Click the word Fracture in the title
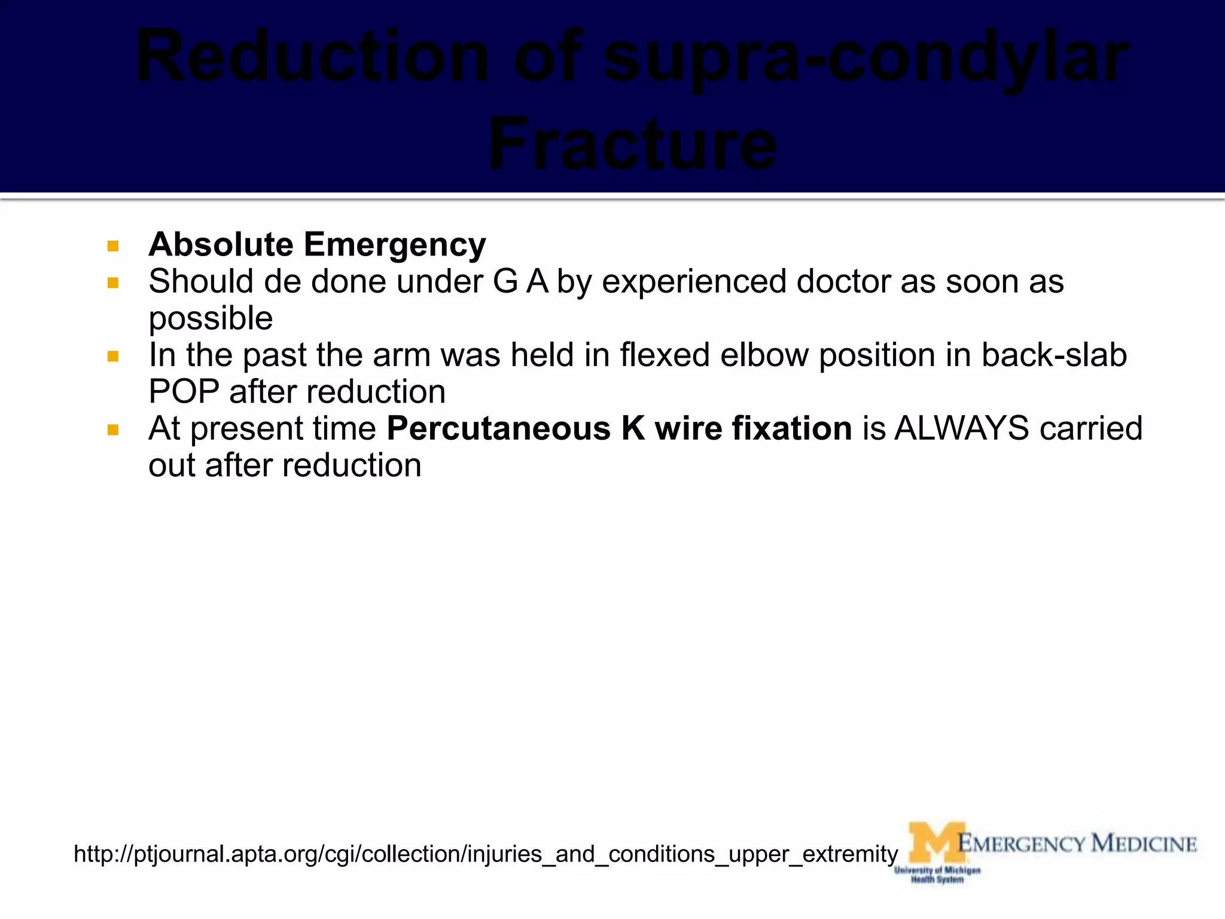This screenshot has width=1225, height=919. (632, 144)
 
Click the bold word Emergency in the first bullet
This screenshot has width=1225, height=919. (394, 245)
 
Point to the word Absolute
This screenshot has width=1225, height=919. (221, 245)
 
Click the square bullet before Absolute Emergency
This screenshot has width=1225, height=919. (113, 246)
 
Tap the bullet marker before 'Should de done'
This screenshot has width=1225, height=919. (113, 282)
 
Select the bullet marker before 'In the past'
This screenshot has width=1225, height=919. (113, 357)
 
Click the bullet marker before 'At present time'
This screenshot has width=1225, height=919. (113, 430)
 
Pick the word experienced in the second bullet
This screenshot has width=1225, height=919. (694, 282)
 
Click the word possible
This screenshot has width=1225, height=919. (211, 319)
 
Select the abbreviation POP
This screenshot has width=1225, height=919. (184, 392)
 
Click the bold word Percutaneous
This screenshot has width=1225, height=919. (498, 429)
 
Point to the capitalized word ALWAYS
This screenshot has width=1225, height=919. (961, 429)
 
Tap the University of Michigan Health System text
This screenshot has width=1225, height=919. (937, 875)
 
